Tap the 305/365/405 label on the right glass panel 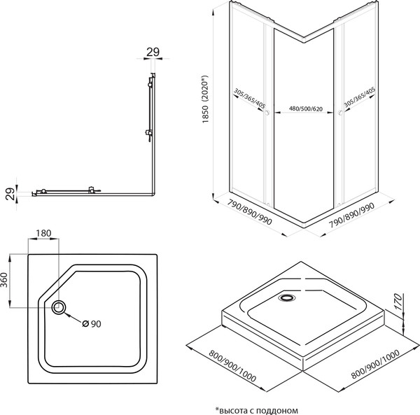click(354, 102)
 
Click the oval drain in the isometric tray click(286, 297)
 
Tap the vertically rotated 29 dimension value click(9, 192)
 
